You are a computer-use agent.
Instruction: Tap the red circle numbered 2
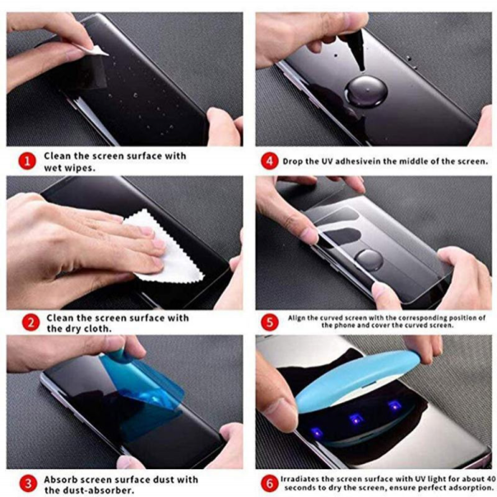(26, 323)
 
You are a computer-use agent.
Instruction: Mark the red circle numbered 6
(268, 482)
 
